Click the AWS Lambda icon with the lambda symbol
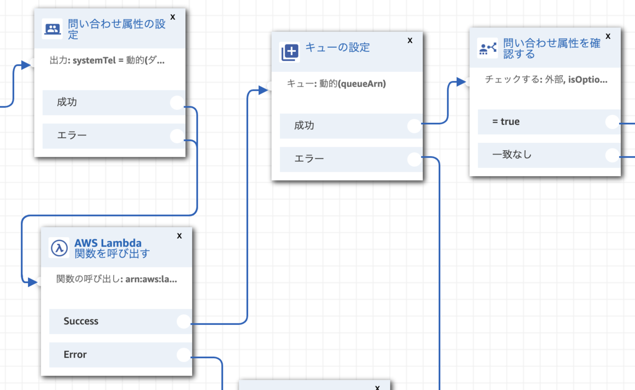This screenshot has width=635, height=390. (x=59, y=248)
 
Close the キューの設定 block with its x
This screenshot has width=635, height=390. (x=410, y=40)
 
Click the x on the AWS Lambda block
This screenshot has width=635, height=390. (x=179, y=235)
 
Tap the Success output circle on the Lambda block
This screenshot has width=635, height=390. (x=184, y=321)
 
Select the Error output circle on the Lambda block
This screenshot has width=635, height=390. (x=184, y=355)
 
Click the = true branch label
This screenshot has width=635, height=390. (x=506, y=122)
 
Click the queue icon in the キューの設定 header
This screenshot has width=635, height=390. (x=290, y=51)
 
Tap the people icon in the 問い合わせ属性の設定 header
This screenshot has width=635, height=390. (x=52, y=30)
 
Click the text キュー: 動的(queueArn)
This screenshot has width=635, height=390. (x=336, y=84)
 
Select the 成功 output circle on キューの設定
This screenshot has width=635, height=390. (x=414, y=125)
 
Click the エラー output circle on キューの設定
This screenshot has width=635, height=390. (x=414, y=159)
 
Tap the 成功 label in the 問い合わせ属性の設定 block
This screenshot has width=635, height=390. (x=67, y=102)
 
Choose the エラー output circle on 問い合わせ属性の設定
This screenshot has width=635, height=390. (x=177, y=136)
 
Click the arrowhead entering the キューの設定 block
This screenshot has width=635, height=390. (x=264, y=90)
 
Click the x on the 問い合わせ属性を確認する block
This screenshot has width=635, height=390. (x=608, y=36)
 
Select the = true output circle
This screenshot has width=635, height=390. (x=612, y=122)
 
